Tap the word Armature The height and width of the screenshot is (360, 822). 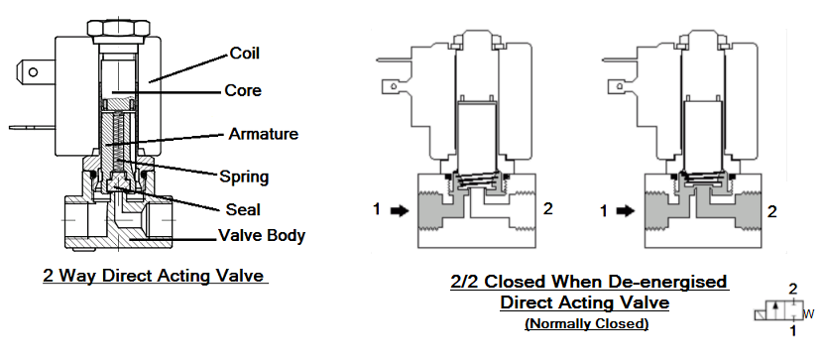[264, 133]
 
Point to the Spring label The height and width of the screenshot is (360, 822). [244, 177]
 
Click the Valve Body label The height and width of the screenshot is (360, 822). [262, 236]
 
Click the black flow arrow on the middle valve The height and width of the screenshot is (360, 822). [399, 210]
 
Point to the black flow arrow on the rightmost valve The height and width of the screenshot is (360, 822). [623, 210]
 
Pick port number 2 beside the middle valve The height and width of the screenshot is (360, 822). [548, 210]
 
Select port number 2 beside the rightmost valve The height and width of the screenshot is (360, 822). [772, 210]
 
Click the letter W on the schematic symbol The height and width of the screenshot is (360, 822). [809, 314]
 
